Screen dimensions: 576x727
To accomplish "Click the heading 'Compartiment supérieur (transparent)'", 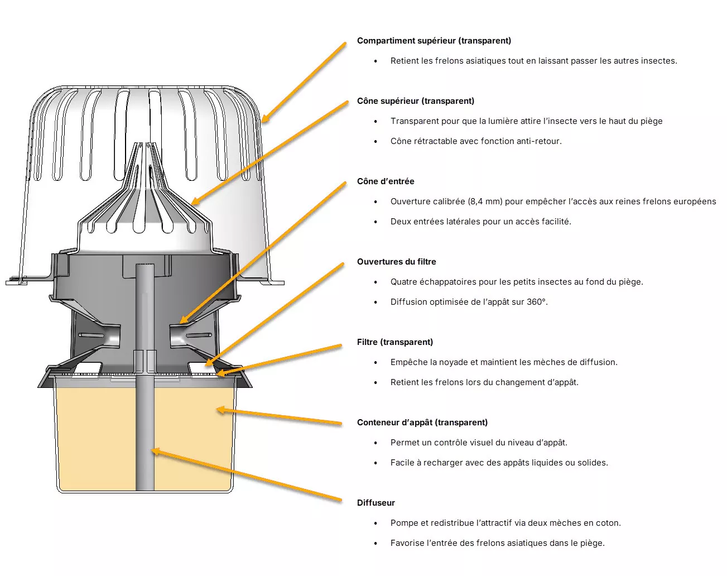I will point(434,41).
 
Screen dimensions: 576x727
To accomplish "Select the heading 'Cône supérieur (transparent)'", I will point(416,101).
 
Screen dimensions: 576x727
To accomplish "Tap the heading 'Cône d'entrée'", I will point(386,181).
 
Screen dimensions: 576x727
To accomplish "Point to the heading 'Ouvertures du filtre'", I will point(397,262).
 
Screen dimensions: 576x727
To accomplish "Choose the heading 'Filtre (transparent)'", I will point(395,342).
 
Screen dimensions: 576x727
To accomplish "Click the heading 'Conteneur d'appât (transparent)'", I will point(422,423).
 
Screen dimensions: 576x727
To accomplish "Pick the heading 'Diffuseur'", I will point(376,503).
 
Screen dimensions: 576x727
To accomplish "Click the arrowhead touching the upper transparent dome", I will point(263,120).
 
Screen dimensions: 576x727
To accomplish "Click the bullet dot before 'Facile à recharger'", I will point(375,463).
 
